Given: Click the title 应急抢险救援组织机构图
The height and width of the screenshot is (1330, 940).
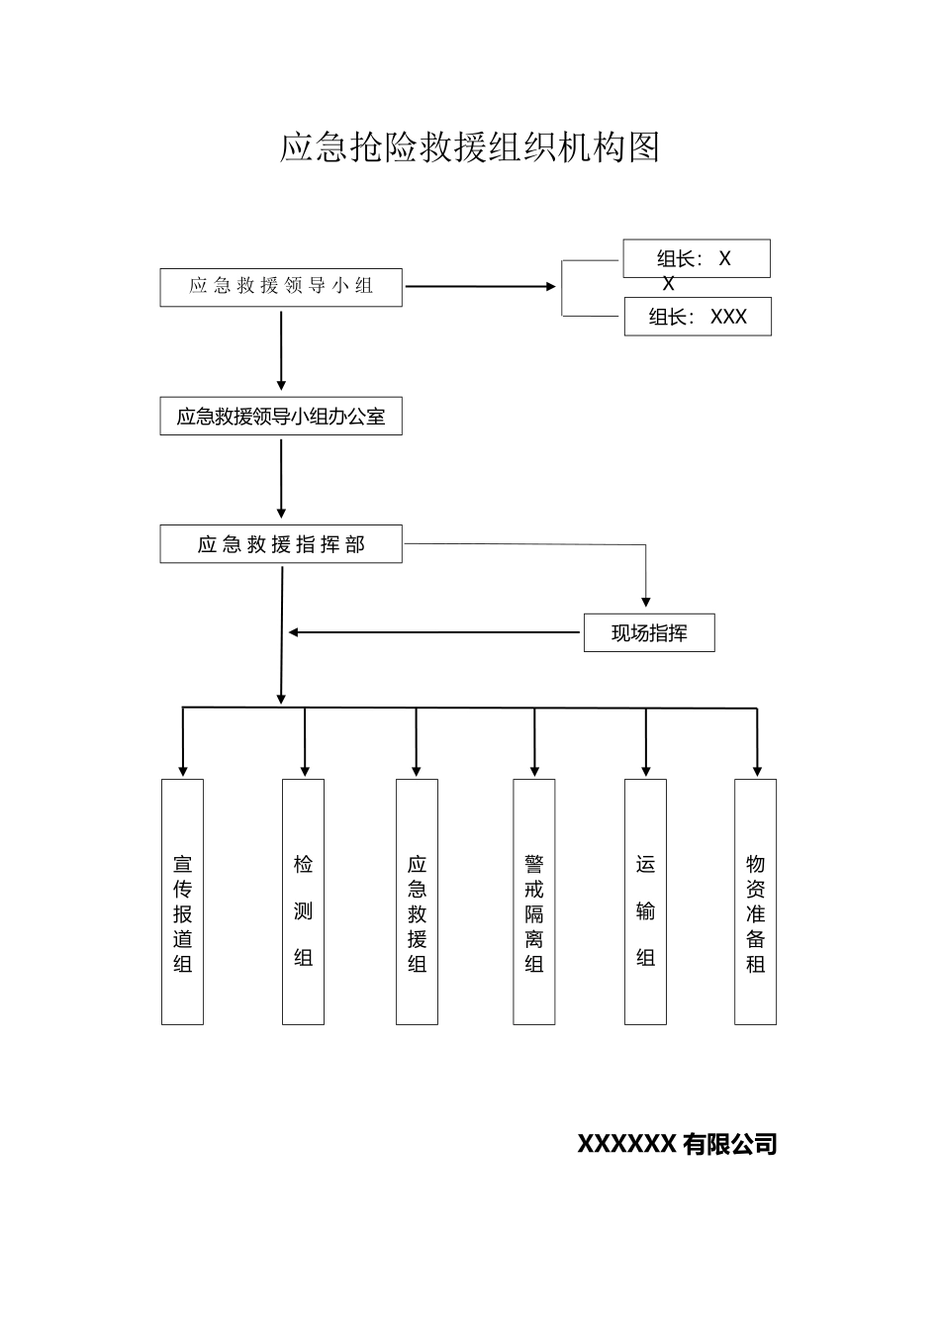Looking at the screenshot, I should click(x=470, y=147).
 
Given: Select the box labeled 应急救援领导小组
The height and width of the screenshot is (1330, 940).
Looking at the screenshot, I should click(x=281, y=287).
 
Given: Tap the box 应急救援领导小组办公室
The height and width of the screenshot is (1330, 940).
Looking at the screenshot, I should click(x=281, y=417).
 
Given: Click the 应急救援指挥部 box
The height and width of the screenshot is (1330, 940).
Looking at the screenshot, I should click(x=281, y=544).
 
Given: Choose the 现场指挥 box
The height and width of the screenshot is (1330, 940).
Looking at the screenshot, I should click(x=649, y=633).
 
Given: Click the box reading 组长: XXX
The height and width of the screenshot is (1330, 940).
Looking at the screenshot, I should click(x=698, y=318).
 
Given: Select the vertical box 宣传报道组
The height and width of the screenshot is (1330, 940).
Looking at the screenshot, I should click(x=182, y=902).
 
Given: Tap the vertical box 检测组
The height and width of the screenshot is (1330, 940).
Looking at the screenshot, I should click(x=303, y=902).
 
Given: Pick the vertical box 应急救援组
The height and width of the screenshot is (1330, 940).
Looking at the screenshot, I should click(x=417, y=902).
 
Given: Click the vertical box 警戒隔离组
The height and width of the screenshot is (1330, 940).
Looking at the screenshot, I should click(x=534, y=902).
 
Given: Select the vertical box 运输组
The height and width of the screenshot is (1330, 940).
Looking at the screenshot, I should click(x=645, y=902).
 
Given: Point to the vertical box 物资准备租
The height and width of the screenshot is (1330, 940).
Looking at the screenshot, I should click(x=755, y=902).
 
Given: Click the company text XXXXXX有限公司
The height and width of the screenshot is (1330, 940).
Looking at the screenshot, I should click(x=677, y=1144).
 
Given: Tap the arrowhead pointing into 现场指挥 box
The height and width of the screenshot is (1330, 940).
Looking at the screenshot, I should click(x=646, y=600).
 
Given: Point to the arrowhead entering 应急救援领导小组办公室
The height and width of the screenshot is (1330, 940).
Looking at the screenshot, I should click(x=281, y=385).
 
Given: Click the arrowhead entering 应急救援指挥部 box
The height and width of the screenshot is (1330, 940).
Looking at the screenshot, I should click(x=282, y=513).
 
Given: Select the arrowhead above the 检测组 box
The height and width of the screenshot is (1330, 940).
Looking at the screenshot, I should click(x=305, y=769).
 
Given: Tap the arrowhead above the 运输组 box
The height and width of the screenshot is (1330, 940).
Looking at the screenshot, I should click(x=646, y=769).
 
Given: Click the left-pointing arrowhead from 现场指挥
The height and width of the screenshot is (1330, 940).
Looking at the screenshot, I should click(x=294, y=632).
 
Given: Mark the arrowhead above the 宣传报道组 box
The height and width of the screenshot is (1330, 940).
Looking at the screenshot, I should click(x=182, y=769).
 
